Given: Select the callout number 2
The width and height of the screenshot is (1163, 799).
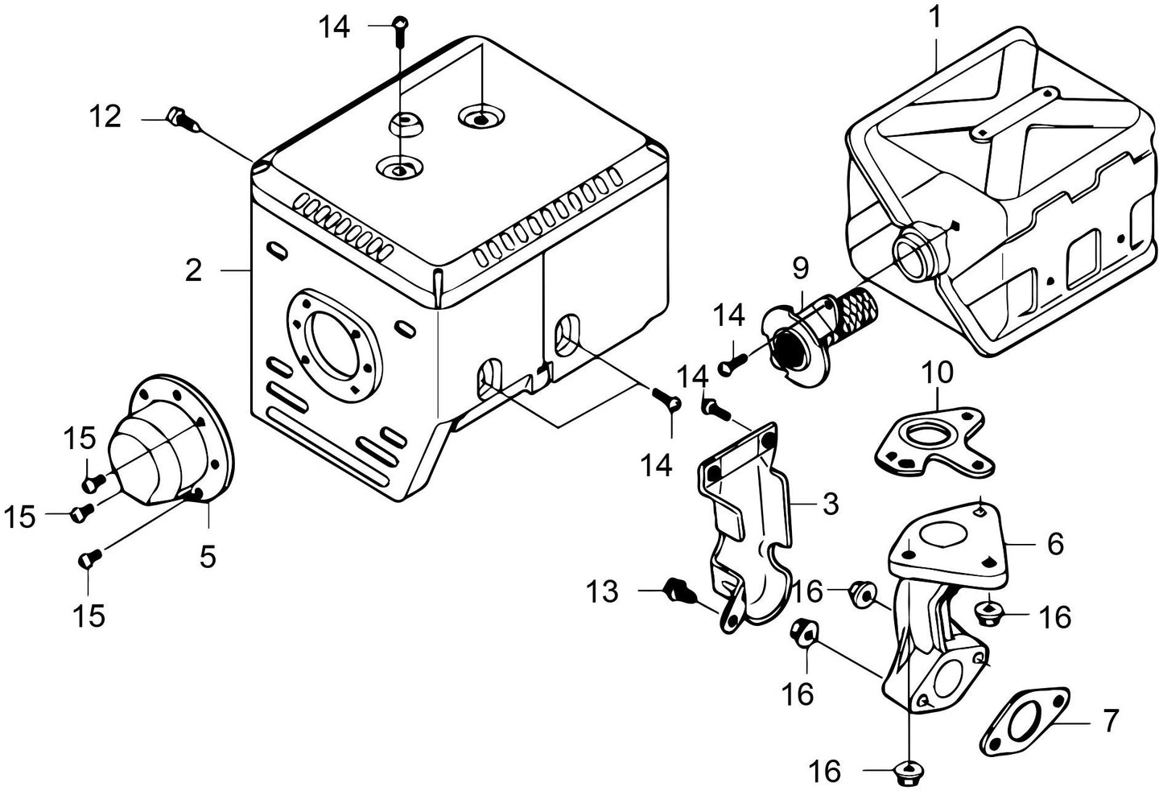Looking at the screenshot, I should (x=193, y=270).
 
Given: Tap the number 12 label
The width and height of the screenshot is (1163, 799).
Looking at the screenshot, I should (x=105, y=117).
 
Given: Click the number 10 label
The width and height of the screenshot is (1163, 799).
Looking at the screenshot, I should (x=937, y=373).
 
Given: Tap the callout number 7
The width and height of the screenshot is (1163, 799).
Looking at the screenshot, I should (x=1111, y=721).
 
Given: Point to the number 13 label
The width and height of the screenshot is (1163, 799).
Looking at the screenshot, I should (x=603, y=592).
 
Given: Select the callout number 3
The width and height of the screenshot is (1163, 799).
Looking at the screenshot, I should (x=831, y=505).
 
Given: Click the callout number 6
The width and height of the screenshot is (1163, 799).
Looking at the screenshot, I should (x=1055, y=543).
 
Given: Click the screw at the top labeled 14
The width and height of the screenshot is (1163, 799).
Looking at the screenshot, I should (x=399, y=26).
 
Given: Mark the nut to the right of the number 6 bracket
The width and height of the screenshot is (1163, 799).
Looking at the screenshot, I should (x=987, y=614).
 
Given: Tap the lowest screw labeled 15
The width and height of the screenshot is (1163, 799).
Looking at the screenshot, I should (x=90, y=557).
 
